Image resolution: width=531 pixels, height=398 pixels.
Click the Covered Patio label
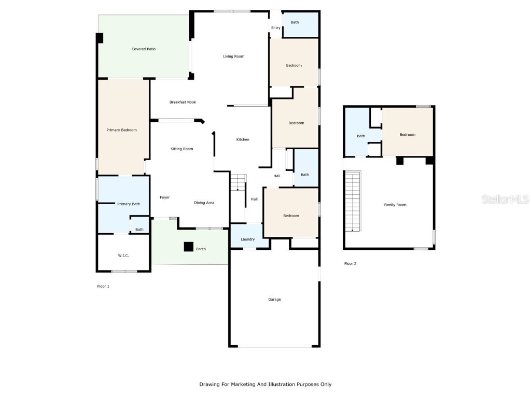point(143,49)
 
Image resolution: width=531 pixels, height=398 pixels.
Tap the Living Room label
point(233,56)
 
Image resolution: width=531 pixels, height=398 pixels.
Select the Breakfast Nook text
point(183,102)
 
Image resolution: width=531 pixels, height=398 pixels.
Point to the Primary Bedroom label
point(121,130)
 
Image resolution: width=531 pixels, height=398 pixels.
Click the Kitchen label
point(243,139)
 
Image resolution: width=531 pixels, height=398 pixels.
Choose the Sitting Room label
point(181,149)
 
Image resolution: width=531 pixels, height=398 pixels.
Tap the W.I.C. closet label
point(123,255)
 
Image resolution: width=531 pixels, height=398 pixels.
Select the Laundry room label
point(247,239)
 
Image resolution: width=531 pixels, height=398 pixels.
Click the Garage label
point(274,300)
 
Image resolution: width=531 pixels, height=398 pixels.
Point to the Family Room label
point(395,205)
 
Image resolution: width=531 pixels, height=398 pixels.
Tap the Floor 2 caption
point(350,264)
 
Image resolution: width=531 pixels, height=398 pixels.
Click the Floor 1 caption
point(103,286)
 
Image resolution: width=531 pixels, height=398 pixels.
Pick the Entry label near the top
point(275,28)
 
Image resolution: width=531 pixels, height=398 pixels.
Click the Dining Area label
point(204,203)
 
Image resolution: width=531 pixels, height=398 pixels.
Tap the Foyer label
point(164,197)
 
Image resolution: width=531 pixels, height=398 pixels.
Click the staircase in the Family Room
point(352,202)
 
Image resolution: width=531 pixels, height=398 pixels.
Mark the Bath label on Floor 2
point(360,136)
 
